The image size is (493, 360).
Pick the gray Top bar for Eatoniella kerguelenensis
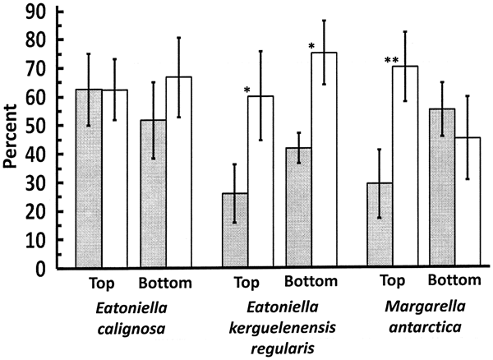point(235,230)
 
